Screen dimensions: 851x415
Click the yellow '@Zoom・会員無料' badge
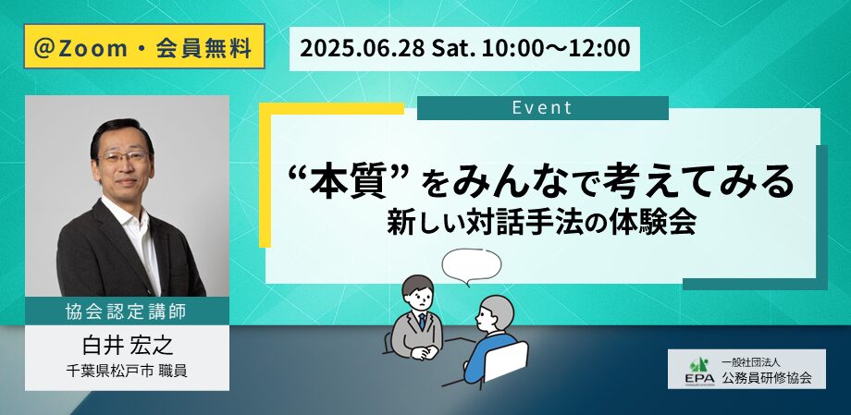pyautogui.click(x=144, y=46)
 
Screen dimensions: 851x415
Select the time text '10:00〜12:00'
pyautogui.click(x=555, y=48)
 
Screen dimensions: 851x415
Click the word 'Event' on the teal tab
pyautogui.click(x=542, y=107)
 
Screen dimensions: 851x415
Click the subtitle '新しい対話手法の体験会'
pyautogui.click(x=541, y=223)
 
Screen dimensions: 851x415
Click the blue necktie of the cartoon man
pyautogui.click(x=422, y=321)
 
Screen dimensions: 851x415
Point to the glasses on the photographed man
pyautogui.click(x=123, y=157)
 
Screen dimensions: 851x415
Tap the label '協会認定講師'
pyautogui.click(x=126, y=311)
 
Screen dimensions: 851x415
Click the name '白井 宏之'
pyautogui.click(x=128, y=346)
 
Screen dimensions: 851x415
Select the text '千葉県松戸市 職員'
pyautogui.click(x=127, y=372)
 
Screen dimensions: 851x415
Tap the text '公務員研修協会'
pyautogui.click(x=766, y=378)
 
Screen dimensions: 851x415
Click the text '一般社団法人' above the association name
pyautogui.click(x=749, y=361)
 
